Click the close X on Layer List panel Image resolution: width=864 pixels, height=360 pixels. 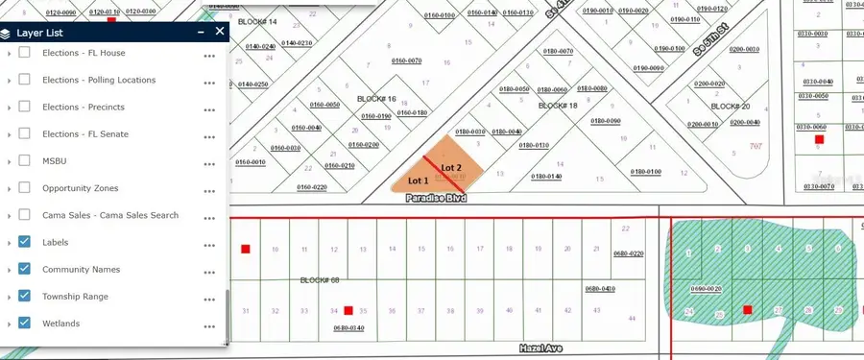pos(220,32)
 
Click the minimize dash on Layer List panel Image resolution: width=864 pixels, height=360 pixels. pos(200,32)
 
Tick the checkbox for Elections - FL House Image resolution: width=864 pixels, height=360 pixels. pos(25,54)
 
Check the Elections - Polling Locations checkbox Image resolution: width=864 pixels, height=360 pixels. pos(25,81)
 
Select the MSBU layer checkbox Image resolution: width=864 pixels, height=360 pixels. pos(25,161)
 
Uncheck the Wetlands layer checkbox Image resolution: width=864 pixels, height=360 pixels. pos(25,324)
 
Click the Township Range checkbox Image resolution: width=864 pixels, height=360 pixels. pos(25,297)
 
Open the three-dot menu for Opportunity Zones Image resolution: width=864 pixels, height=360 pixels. pos(209,189)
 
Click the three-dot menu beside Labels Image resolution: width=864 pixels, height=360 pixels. pos(209,244)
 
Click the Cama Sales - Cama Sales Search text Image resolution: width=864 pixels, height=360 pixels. pos(110,215)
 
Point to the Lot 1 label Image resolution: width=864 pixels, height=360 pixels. pos(419,180)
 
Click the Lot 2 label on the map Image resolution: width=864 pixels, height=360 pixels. pos(451,168)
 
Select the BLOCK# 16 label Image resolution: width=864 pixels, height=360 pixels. pos(376,98)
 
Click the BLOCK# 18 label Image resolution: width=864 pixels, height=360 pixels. pos(558,106)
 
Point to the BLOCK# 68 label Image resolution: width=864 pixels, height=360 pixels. pos(320,280)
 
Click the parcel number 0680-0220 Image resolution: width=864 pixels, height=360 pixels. pos(628,253)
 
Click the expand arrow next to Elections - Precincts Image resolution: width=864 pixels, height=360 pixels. pos(10,108)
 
